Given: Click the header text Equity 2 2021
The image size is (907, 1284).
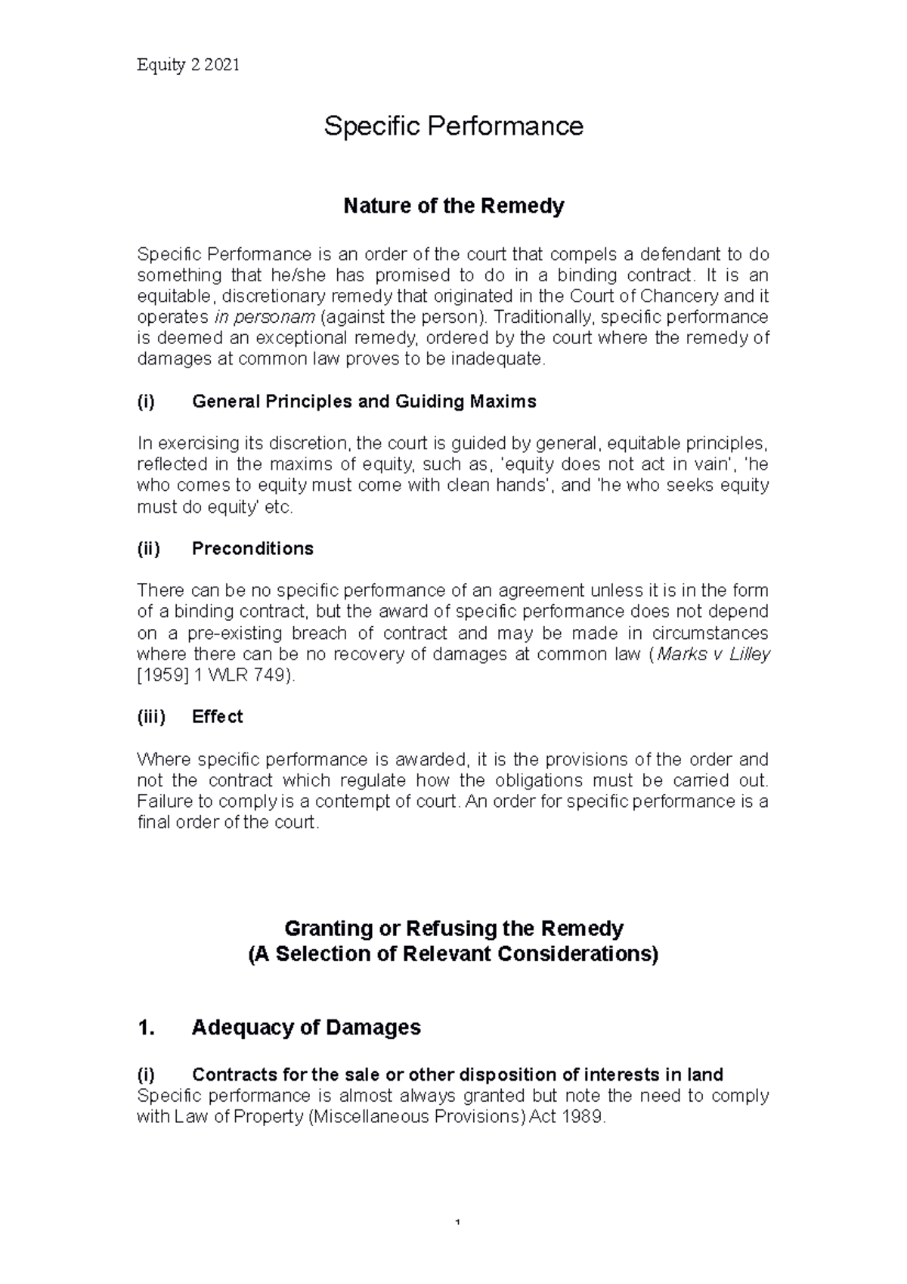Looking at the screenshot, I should point(187,65).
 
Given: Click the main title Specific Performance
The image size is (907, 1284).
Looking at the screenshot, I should point(453,126).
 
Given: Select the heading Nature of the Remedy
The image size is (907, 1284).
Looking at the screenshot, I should point(453,206).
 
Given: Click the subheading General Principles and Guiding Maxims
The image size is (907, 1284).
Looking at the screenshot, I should point(364,402).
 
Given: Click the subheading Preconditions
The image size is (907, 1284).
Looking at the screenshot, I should point(252,548).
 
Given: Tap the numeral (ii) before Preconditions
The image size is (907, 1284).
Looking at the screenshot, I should point(148,548).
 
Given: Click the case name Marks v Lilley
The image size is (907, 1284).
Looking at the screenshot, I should point(713,654).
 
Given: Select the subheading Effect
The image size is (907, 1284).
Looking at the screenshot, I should point(217,717).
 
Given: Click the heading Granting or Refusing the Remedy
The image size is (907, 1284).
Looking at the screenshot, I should point(453,928).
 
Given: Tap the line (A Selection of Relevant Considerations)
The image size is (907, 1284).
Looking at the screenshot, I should point(453,954).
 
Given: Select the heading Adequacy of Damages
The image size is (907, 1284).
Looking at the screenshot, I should point(306,1028).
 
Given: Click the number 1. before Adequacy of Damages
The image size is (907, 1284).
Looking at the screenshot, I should point(147,1028).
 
